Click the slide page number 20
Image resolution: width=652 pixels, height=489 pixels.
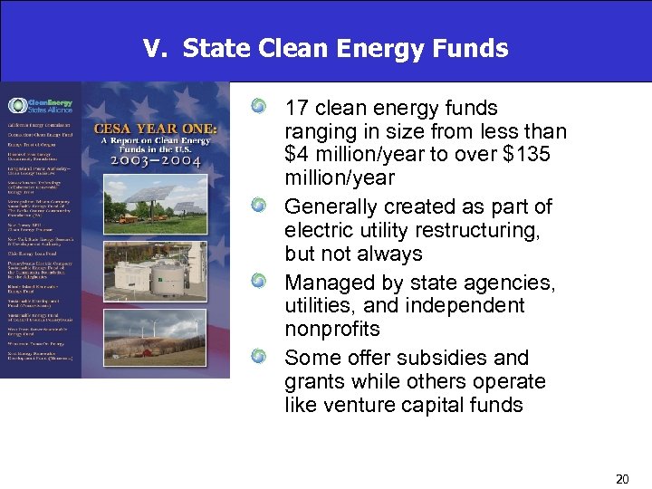[x=621, y=478]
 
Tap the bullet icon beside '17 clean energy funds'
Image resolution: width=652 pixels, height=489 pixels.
[x=260, y=109]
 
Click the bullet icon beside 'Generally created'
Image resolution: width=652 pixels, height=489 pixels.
[x=260, y=206]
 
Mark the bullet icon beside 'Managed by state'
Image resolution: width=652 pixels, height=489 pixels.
[x=260, y=283]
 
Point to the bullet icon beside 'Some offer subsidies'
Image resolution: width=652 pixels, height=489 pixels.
[x=260, y=358]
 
